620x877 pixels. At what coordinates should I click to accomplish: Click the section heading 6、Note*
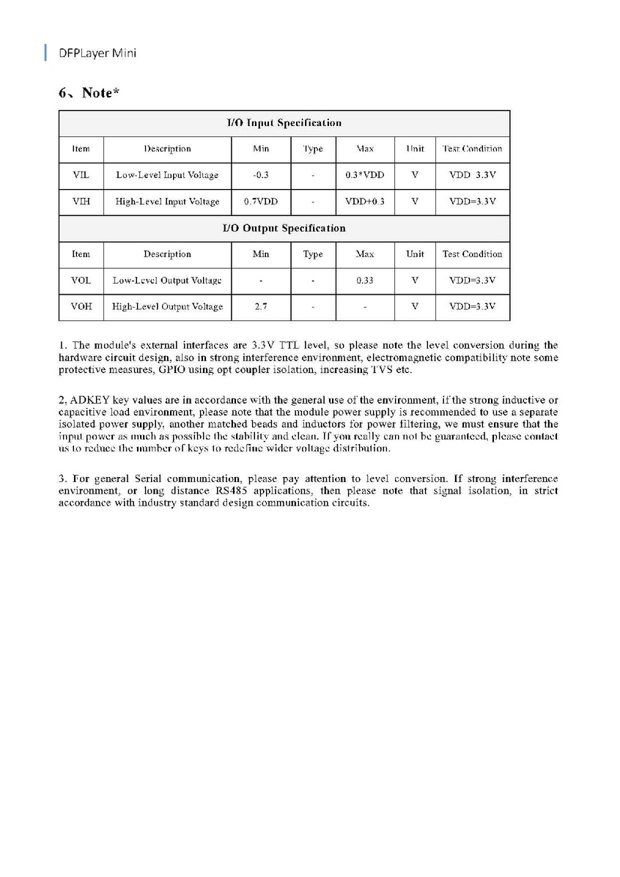tap(89, 93)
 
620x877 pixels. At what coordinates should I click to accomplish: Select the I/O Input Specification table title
tap(284, 122)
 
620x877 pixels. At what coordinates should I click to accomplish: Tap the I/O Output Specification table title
tap(284, 228)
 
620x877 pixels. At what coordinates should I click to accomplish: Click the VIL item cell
tap(81, 175)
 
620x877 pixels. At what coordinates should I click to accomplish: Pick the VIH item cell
tap(81, 201)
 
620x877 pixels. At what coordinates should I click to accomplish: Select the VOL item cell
tap(81, 281)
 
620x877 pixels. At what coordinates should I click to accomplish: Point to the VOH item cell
tap(81, 307)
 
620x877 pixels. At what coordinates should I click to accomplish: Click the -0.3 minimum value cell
tap(260, 175)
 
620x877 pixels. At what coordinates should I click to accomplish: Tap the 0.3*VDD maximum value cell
tap(364, 175)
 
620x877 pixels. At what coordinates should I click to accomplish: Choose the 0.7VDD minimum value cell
tap(260, 201)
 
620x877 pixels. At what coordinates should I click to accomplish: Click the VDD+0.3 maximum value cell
tap(364, 201)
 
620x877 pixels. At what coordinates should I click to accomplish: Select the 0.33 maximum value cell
tap(364, 281)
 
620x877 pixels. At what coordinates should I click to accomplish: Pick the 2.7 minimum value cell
tap(260, 307)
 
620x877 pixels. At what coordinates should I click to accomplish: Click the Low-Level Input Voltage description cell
tap(167, 175)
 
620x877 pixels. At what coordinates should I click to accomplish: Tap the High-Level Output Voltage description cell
tap(167, 307)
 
